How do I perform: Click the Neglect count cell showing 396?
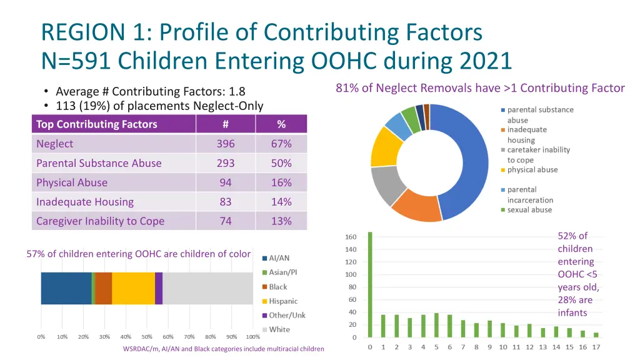point(226,144)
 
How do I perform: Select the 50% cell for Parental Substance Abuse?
point(281,163)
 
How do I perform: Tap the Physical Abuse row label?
point(72,182)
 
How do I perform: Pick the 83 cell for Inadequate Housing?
point(226,202)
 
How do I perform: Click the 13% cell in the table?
point(281,221)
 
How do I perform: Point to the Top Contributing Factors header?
point(97,124)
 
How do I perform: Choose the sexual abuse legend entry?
point(529,210)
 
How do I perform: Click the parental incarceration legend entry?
point(530,194)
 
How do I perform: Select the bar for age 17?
point(596,334)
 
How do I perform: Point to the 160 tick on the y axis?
point(351,237)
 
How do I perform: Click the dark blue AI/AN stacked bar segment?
point(66,288)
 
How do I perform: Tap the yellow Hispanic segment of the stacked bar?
point(133,288)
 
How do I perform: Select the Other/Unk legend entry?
point(287,315)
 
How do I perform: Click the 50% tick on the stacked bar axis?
point(147,336)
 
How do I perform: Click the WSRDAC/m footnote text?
point(223,349)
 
